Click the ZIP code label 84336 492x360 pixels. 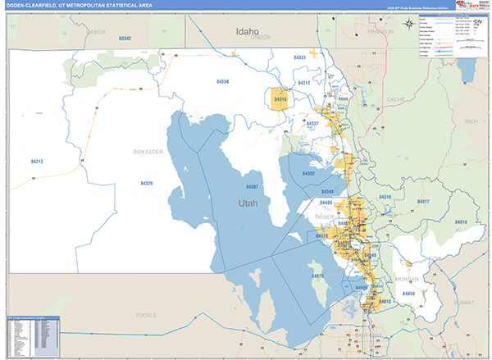click(x=222, y=82)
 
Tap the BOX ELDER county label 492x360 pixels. click(x=149, y=153)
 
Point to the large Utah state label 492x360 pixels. click(x=248, y=202)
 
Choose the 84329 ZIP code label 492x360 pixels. click(x=146, y=183)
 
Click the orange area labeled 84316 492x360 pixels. click(x=280, y=100)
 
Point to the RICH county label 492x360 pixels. click(x=471, y=121)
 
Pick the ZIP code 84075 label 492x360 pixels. click(x=318, y=277)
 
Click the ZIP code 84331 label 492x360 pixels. click(x=300, y=57)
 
